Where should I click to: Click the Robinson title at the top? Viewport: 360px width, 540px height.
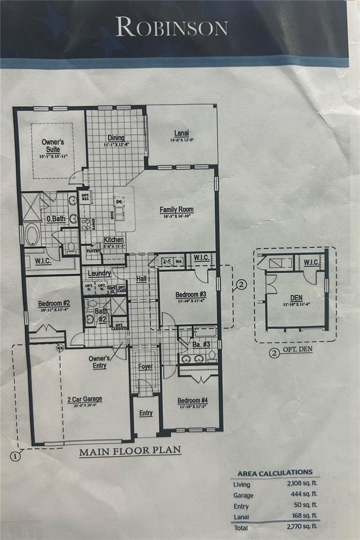click(x=171, y=27)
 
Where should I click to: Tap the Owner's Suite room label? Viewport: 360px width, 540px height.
click(x=53, y=145)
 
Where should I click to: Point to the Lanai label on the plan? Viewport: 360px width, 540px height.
click(x=181, y=133)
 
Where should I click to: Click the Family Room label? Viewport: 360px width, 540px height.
click(x=176, y=210)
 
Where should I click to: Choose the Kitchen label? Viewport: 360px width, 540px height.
click(x=114, y=240)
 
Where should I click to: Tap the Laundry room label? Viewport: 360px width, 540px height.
click(x=99, y=273)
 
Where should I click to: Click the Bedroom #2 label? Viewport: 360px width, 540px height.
click(x=53, y=303)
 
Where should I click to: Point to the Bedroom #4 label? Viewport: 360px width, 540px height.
click(x=192, y=400)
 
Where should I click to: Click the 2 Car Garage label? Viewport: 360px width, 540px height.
click(x=85, y=399)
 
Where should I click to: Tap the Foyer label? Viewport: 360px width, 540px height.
click(x=145, y=366)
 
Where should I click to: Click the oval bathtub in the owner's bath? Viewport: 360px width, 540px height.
click(x=32, y=235)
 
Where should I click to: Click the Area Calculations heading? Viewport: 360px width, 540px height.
click(x=274, y=472)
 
